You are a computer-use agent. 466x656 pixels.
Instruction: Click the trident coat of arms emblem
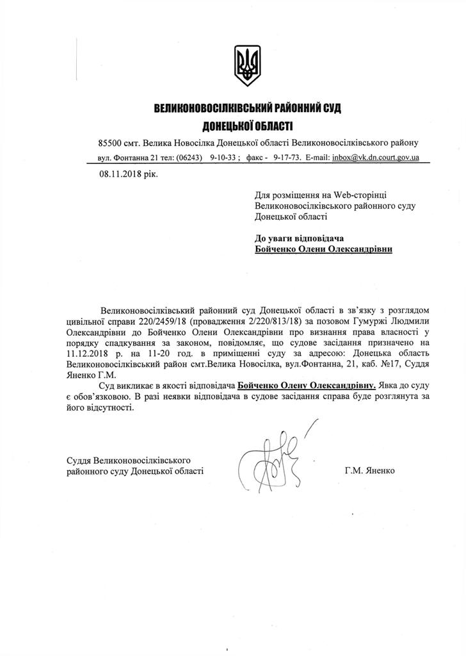pos(248,65)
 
